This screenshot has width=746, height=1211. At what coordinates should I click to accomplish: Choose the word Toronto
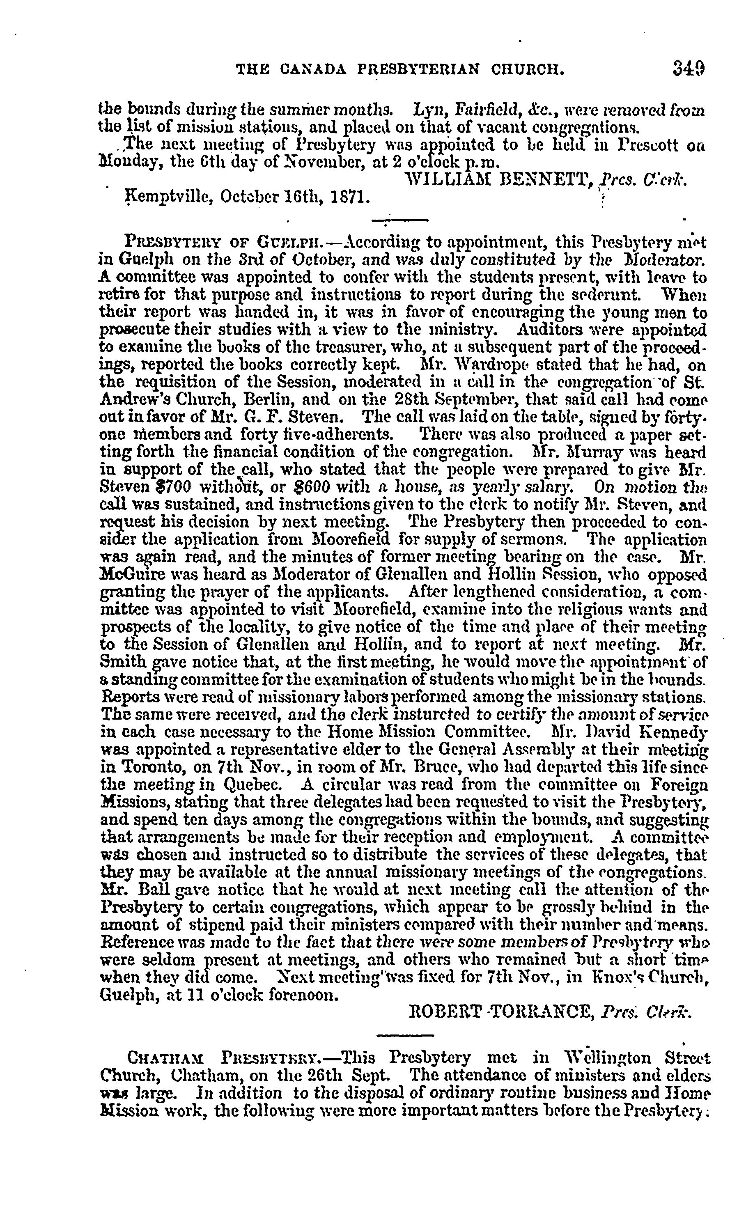tap(129, 767)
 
